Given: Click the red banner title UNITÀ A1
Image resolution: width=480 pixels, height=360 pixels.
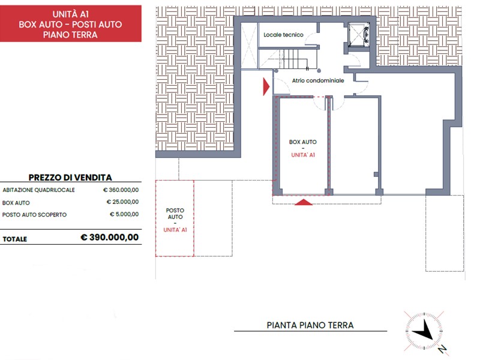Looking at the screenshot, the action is pyautogui.click(x=70, y=14).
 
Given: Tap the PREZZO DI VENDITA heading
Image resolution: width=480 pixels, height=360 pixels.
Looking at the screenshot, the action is pyautogui.click(x=70, y=178).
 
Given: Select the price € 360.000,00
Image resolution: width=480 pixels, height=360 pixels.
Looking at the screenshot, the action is pyautogui.click(x=121, y=190).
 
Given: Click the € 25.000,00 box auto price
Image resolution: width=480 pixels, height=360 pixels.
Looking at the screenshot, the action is pyautogui.click(x=122, y=202).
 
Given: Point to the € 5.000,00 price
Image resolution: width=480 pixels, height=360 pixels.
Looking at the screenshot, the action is pyautogui.click(x=124, y=214).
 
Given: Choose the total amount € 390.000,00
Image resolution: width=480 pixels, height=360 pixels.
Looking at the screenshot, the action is pyautogui.click(x=110, y=237).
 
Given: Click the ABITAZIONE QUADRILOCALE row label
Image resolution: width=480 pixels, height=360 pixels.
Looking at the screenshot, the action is pyautogui.click(x=38, y=190).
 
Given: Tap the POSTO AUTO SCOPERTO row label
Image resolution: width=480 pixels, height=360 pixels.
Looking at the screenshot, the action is pyautogui.click(x=34, y=215).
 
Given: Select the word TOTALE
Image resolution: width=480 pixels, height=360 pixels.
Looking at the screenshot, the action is pyautogui.click(x=14, y=239).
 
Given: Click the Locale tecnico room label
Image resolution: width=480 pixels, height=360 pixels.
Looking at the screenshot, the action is pyautogui.click(x=283, y=35).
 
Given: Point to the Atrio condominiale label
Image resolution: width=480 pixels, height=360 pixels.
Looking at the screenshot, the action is pyautogui.click(x=318, y=80).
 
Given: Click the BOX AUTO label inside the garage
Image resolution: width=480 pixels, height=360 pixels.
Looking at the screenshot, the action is pyautogui.click(x=303, y=142).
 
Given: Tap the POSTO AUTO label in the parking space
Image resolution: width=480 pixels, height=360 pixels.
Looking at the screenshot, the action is pyautogui.click(x=175, y=214).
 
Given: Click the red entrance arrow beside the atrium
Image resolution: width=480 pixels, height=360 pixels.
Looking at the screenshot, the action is pyautogui.click(x=266, y=86).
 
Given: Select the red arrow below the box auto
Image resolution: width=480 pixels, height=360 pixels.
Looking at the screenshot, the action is pyautogui.click(x=304, y=202).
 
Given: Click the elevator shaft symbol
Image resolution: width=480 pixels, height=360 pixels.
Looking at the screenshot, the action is pyautogui.click(x=359, y=35).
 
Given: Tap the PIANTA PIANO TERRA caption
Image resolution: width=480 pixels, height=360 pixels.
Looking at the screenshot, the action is pyautogui.click(x=310, y=325).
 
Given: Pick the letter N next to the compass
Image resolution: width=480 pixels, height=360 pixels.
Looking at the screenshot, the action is pyautogui.click(x=443, y=349).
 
